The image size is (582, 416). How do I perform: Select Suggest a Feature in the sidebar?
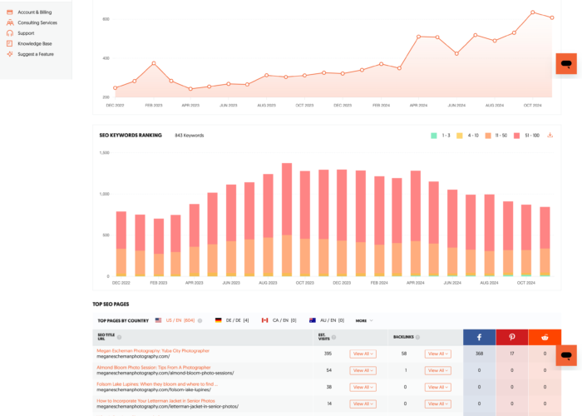(37, 53)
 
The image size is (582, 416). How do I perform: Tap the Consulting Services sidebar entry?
(37, 22)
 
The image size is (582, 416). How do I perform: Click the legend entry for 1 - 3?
(440, 135)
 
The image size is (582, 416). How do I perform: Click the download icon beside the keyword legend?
(550, 135)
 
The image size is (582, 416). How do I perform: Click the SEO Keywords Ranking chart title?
(131, 135)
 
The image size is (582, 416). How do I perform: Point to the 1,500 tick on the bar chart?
(105, 153)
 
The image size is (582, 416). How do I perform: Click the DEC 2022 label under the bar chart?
(122, 283)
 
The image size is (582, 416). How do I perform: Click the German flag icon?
(218, 320)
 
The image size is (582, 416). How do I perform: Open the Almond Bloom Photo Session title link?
(153, 367)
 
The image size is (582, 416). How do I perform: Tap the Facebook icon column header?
(480, 336)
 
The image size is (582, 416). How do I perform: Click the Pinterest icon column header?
(512, 336)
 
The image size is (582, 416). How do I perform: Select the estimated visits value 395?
(327, 354)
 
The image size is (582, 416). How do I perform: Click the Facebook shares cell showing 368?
(480, 354)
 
